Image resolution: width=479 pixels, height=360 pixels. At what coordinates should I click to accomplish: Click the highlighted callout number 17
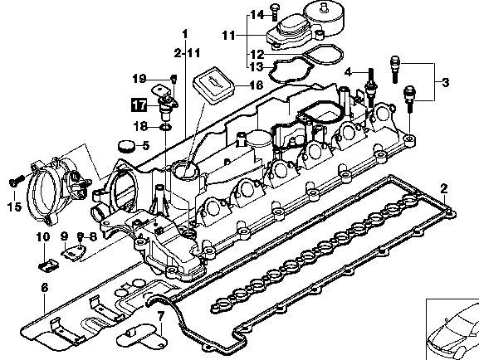(139, 105)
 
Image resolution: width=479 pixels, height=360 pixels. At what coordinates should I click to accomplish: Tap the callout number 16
(256, 85)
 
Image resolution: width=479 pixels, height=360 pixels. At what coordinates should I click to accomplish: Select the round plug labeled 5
(126, 146)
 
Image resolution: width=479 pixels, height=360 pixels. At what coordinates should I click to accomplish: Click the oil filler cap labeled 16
(213, 85)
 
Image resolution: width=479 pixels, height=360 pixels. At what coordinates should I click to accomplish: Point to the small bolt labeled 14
(275, 12)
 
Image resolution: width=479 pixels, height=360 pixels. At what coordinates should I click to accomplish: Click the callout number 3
(446, 82)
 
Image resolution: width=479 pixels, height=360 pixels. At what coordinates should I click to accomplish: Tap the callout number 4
(349, 73)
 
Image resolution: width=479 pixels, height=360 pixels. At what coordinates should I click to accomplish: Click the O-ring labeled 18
(166, 127)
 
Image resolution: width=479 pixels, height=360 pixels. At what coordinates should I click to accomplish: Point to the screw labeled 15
(17, 181)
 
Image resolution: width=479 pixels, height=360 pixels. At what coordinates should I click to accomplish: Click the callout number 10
(43, 236)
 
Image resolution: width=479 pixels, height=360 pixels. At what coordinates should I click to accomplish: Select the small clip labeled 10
(49, 265)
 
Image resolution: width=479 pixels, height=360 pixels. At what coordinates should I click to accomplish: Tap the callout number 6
(45, 288)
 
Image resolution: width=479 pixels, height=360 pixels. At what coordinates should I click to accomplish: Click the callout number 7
(160, 316)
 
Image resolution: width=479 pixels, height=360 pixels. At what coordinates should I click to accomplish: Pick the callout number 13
(257, 66)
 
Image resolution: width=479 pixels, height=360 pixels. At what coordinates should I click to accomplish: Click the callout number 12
(257, 55)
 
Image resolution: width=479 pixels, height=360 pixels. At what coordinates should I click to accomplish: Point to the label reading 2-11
(187, 53)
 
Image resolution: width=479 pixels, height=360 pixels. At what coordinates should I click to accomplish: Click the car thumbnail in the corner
(452, 329)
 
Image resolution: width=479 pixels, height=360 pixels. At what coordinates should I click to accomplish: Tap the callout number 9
(64, 236)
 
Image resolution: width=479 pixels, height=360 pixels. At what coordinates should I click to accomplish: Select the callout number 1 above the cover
(185, 34)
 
